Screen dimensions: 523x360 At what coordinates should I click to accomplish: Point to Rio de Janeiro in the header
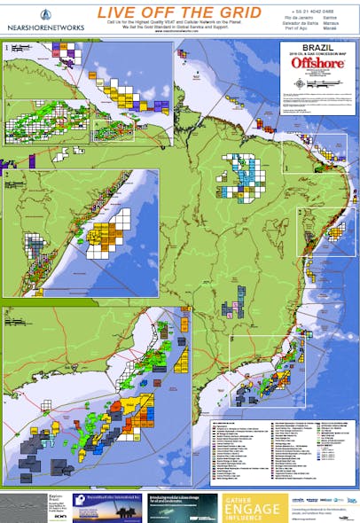click(299, 16)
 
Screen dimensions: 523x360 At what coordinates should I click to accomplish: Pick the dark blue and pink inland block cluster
click(232, 308)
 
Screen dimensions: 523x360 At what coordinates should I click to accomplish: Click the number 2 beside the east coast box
click(301, 213)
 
